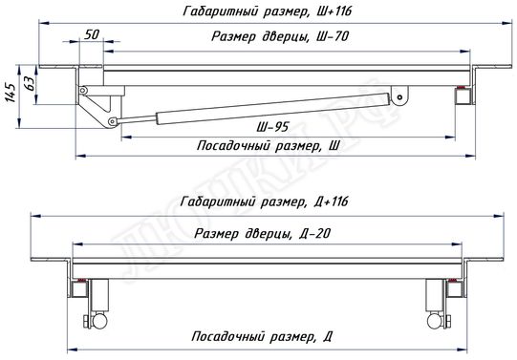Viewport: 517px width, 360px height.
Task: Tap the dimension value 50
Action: (92, 34)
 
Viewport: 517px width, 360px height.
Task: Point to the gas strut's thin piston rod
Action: (137, 117)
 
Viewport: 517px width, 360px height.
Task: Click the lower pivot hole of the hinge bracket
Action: (114, 121)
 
